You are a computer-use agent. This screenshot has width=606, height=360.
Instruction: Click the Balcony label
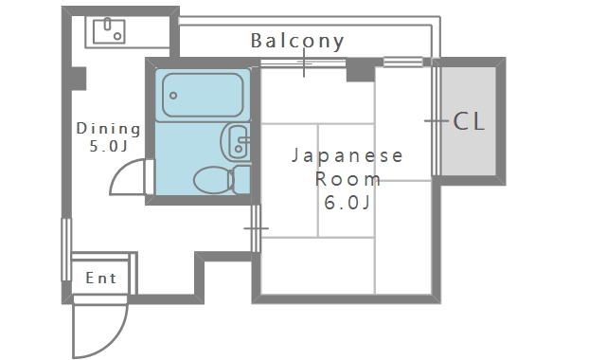296,41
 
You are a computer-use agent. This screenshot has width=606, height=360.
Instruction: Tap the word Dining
108,129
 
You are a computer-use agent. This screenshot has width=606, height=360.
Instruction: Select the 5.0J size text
108,147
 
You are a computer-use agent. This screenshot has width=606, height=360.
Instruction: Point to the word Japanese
348,155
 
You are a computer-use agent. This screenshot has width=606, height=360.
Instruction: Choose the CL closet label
470,121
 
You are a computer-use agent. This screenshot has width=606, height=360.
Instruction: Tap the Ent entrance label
100,278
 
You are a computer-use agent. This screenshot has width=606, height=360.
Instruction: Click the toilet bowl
211,180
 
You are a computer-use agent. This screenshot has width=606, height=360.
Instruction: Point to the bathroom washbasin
236,143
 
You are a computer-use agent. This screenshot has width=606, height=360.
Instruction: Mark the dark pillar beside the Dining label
80,76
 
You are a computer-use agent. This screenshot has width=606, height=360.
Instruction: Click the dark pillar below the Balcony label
360,69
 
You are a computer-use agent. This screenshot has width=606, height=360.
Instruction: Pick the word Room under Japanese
348,178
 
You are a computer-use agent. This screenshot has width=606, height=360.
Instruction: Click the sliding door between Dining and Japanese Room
256,228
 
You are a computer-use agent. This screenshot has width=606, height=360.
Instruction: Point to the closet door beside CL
436,120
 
